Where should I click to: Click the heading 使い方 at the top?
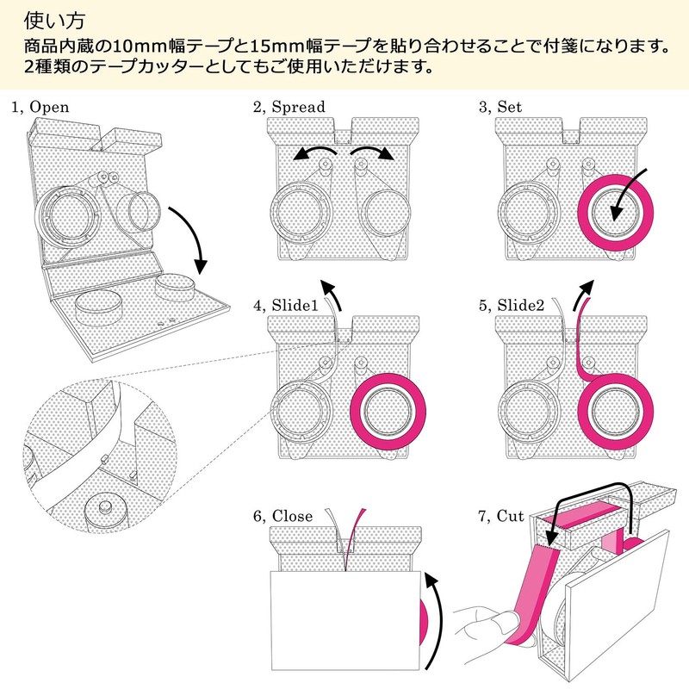click(x=54, y=21)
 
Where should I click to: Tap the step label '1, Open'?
click(x=40, y=107)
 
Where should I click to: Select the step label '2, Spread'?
click(x=289, y=107)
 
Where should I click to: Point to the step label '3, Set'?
click(x=500, y=107)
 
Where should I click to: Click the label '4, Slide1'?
click(x=285, y=305)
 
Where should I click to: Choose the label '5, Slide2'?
click(x=512, y=305)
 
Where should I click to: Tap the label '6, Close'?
click(x=283, y=516)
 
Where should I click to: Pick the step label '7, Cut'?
click(x=501, y=516)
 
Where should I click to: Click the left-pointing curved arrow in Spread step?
click(x=313, y=150)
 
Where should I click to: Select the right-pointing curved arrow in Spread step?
click(x=372, y=150)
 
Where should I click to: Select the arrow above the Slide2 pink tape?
click(x=583, y=294)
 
